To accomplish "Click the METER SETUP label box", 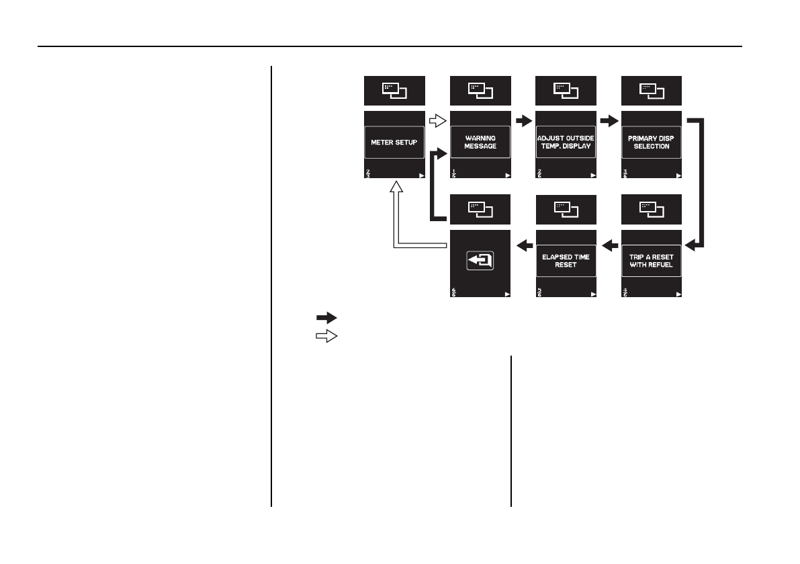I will [394, 142].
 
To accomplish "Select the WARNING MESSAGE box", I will [480, 142].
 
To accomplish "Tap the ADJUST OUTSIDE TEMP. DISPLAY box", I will [566, 142].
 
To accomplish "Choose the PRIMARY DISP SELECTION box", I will [652, 142].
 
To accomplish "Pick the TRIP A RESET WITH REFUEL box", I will [652, 261].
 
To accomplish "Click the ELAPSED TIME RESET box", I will [566, 261].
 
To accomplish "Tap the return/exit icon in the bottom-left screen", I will [480, 260].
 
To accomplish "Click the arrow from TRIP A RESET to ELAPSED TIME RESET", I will [609, 246].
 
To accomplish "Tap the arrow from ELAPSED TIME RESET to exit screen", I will [523, 246].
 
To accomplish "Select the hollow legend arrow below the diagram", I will [326, 337].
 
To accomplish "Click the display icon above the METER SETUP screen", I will [394, 90].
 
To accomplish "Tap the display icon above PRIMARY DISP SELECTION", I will [652, 90].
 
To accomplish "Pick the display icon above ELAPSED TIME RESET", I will [566, 209].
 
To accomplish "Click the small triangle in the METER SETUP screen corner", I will [421, 175].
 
